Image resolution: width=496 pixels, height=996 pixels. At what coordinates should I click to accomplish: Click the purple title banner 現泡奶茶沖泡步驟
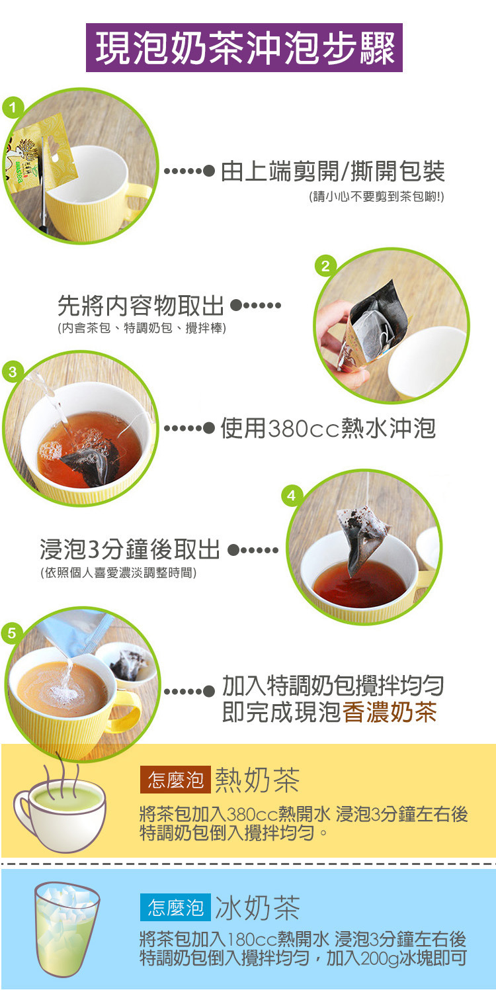coord(244,48)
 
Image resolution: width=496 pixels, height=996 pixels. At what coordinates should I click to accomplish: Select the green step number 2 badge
coord(324,266)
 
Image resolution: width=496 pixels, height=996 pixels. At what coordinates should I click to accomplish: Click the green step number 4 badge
coord(292,494)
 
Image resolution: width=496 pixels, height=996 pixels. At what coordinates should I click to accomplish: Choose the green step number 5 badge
coord(12,633)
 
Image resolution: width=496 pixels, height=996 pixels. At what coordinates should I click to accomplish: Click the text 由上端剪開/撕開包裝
coord(333,172)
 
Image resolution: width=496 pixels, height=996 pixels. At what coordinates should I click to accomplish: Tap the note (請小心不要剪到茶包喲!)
coord(376,197)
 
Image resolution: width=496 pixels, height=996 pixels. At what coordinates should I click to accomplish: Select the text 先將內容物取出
coord(140,306)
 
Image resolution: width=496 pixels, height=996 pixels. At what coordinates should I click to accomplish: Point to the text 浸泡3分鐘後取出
coord(129,549)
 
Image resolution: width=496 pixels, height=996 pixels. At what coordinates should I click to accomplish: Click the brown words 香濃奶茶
coord(390,712)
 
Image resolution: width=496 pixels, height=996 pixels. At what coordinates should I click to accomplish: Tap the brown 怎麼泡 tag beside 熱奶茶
coord(175,780)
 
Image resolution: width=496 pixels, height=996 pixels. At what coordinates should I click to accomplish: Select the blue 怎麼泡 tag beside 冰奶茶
coord(175,907)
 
